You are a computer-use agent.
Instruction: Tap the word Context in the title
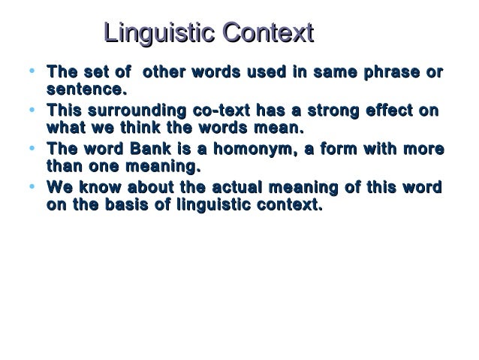pyautogui.click(x=266, y=34)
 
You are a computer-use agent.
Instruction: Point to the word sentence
pyautogui.click(x=82, y=92)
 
